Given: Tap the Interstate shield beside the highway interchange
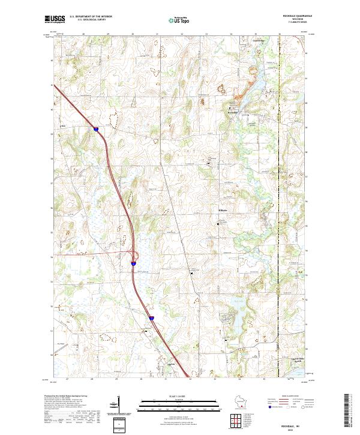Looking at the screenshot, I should (133, 262).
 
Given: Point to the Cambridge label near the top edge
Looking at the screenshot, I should (257, 40).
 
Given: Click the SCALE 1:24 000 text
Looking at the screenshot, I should (179, 397).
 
